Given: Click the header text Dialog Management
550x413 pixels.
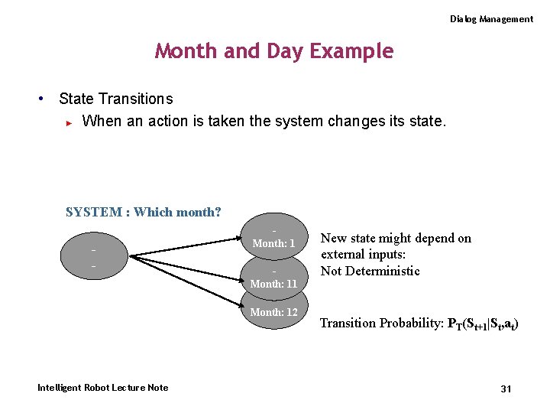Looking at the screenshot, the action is click(491, 19).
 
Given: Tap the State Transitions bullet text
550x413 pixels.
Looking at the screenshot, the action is click(116, 99).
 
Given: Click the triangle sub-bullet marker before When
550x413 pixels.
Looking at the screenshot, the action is click(69, 122).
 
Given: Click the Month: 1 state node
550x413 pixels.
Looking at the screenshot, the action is click(273, 241).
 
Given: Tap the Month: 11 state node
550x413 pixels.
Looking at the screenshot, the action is click(273, 281).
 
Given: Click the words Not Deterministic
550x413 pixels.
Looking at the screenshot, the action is click(370, 271).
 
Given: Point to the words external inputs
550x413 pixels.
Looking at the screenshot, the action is click(363, 255).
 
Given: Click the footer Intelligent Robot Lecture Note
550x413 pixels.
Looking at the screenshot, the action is click(103, 388).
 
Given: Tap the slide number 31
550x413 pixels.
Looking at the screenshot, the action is click(506, 389).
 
